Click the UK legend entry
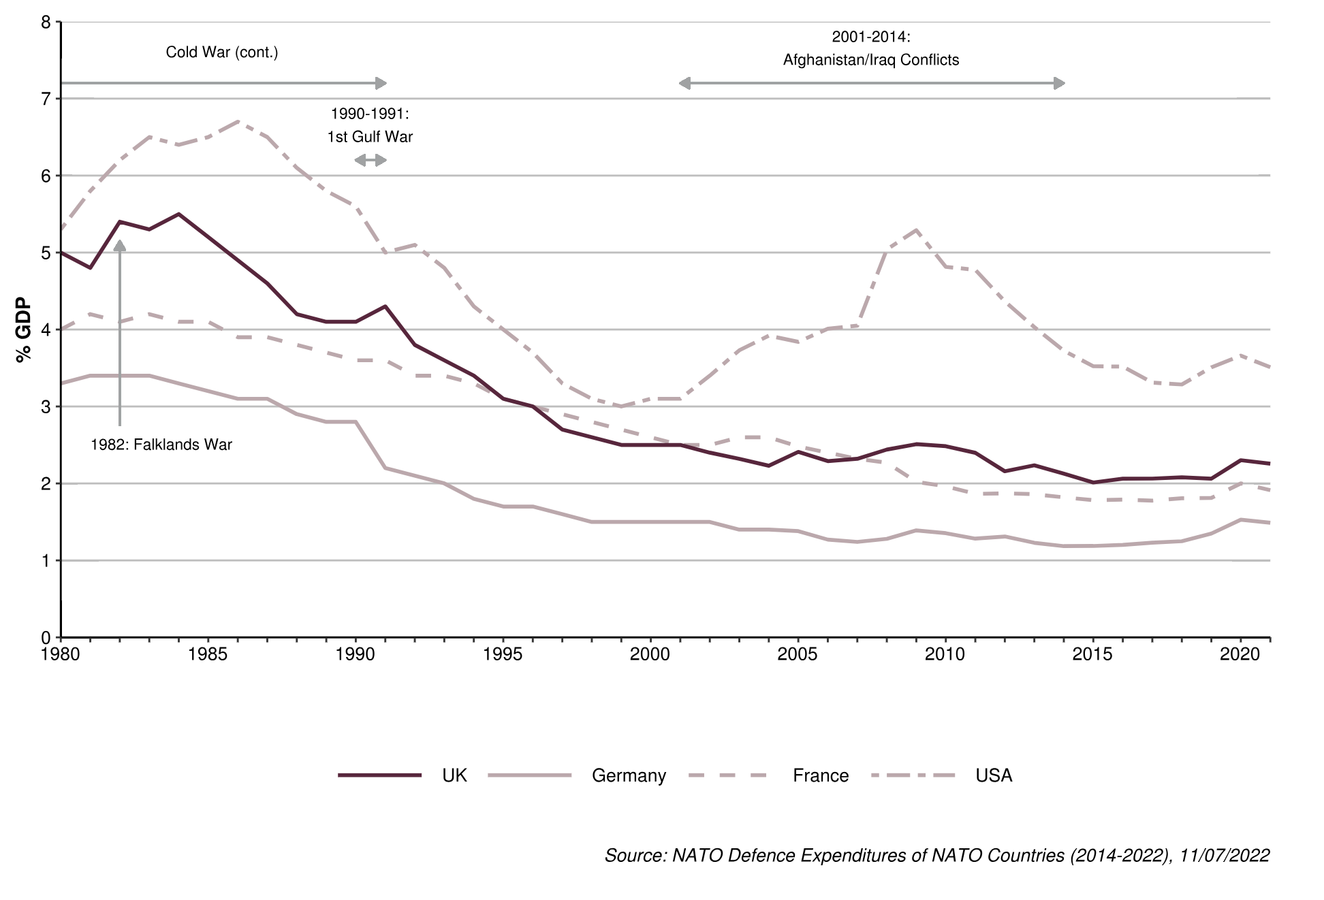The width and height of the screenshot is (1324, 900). [x=454, y=775]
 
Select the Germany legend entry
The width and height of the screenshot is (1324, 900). [x=629, y=775]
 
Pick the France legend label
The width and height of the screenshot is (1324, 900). [x=821, y=775]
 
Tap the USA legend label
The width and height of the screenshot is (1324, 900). [x=994, y=775]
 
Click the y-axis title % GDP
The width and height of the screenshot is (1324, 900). [x=24, y=330]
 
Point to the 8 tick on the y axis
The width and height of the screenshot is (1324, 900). [x=46, y=22]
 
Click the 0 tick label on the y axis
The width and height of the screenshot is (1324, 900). [x=46, y=638]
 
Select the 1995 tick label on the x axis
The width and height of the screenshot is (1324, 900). [x=503, y=654]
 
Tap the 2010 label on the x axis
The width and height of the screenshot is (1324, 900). [x=945, y=654]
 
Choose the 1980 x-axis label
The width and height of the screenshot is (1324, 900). [x=61, y=654]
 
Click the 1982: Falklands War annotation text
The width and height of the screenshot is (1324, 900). [x=161, y=445]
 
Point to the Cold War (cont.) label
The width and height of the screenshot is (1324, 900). [x=222, y=52]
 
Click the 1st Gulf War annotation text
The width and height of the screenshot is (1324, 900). [x=370, y=137]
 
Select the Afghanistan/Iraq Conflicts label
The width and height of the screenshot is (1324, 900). [x=870, y=60]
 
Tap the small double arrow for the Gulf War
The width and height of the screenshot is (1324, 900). [x=370, y=160]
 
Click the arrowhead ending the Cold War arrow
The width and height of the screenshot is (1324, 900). [x=381, y=83]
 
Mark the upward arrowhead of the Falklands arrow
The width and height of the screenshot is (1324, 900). [x=120, y=245]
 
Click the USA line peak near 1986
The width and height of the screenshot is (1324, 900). [x=238, y=122]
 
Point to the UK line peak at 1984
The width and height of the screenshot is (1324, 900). [x=178, y=214]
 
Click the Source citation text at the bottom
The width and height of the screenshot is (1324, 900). [x=936, y=855]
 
